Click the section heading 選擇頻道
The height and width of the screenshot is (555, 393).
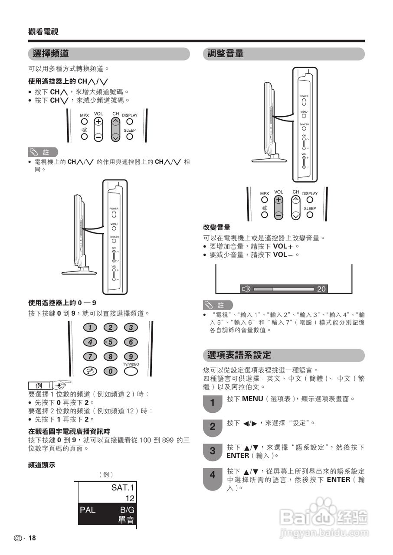(x=51, y=54)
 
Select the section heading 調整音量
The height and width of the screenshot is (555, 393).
(x=226, y=54)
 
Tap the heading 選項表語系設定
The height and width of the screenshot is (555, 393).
(x=239, y=355)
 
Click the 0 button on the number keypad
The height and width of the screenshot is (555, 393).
(x=110, y=371)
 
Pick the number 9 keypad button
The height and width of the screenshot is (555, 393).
(x=131, y=356)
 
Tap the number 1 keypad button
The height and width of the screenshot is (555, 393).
(x=90, y=327)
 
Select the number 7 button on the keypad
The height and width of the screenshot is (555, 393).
(x=90, y=356)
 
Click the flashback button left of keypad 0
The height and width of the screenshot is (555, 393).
(x=90, y=371)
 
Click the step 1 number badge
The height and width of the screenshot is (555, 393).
(x=212, y=403)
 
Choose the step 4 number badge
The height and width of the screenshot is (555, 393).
(x=212, y=475)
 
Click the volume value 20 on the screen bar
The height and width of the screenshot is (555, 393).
(x=321, y=289)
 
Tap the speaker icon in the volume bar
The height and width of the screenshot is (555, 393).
(x=246, y=289)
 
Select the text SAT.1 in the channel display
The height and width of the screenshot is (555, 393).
(x=123, y=487)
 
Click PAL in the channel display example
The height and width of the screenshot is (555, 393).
(x=88, y=510)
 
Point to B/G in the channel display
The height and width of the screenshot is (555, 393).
(x=127, y=510)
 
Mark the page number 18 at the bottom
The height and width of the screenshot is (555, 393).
(x=32, y=538)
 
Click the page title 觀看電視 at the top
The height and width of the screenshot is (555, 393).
(x=43, y=32)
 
